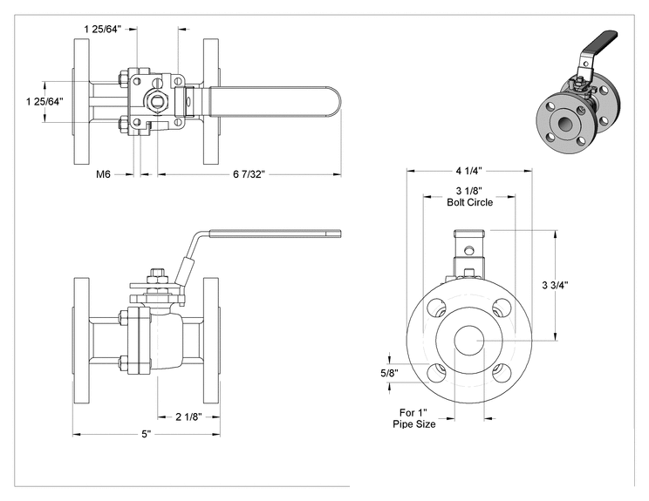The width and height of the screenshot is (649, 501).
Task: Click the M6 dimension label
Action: [x=103, y=174]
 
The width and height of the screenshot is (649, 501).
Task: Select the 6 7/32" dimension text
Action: [x=249, y=174]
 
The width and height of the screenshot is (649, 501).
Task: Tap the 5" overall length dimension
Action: [x=147, y=435]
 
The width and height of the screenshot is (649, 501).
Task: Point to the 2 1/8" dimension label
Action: [x=188, y=416]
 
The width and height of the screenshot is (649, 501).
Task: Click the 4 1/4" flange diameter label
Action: [x=469, y=170]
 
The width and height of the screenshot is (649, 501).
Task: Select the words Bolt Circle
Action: [x=470, y=202]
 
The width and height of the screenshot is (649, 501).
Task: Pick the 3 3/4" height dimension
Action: [x=555, y=285]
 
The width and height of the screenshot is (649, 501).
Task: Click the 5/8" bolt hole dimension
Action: [x=389, y=373]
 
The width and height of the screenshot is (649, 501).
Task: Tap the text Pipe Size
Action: [x=413, y=424]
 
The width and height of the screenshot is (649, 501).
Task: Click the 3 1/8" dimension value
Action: [x=469, y=191]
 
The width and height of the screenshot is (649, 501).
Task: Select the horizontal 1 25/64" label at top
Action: [x=103, y=29]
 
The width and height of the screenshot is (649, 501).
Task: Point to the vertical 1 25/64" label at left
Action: [x=44, y=101]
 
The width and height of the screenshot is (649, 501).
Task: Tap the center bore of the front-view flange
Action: [x=469, y=340]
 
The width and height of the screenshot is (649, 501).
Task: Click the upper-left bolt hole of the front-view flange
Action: [x=437, y=308]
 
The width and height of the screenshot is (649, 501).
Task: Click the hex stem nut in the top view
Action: [x=156, y=101]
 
